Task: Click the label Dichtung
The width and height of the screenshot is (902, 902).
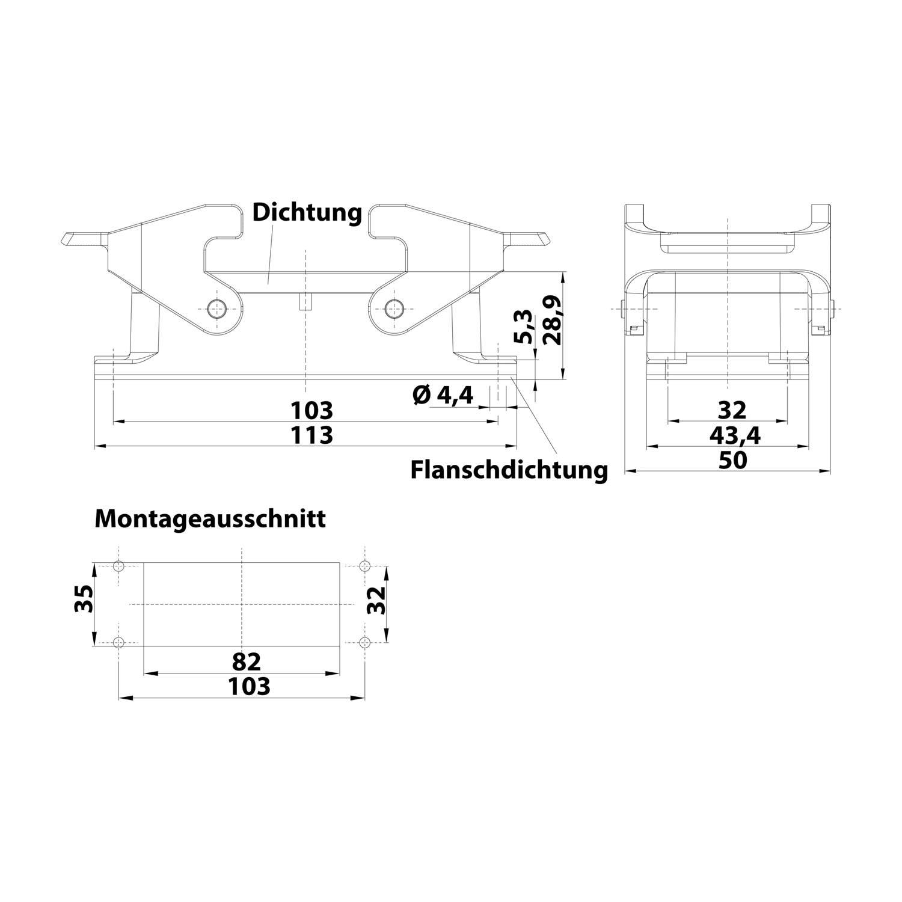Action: (307, 212)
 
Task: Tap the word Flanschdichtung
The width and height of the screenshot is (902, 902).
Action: (509, 470)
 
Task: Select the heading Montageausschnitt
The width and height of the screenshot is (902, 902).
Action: (210, 518)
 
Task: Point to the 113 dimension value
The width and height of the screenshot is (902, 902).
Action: (311, 435)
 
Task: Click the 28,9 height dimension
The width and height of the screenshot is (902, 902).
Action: (551, 320)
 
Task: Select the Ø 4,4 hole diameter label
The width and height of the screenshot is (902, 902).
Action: (443, 395)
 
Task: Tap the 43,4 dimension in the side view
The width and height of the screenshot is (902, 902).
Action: (734, 435)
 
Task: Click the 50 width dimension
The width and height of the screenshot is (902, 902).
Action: (732, 460)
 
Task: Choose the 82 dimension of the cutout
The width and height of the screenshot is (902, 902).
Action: (247, 662)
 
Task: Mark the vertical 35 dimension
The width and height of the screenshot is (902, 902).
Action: (84, 599)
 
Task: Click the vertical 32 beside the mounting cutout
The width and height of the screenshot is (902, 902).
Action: (376, 600)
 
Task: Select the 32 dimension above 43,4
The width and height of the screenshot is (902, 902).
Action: (732, 411)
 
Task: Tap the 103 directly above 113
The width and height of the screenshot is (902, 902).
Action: (311, 411)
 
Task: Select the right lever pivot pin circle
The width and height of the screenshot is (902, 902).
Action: (394, 308)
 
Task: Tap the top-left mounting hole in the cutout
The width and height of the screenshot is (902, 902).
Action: (119, 565)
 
